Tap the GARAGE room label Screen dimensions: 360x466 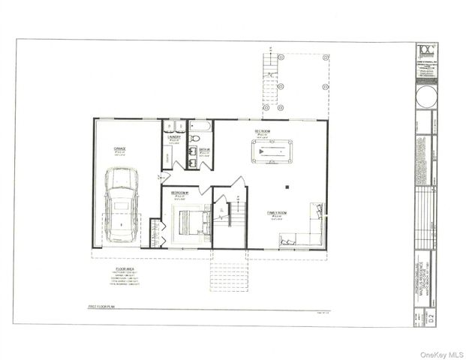point(119,150)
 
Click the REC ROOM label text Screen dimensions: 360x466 point(262,132)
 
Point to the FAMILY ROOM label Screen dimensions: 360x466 point(277,213)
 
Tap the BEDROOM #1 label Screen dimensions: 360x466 point(179,193)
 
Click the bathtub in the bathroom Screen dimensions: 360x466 point(201,126)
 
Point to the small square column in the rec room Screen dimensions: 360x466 point(287,186)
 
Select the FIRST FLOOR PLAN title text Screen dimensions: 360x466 point(104,307)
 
